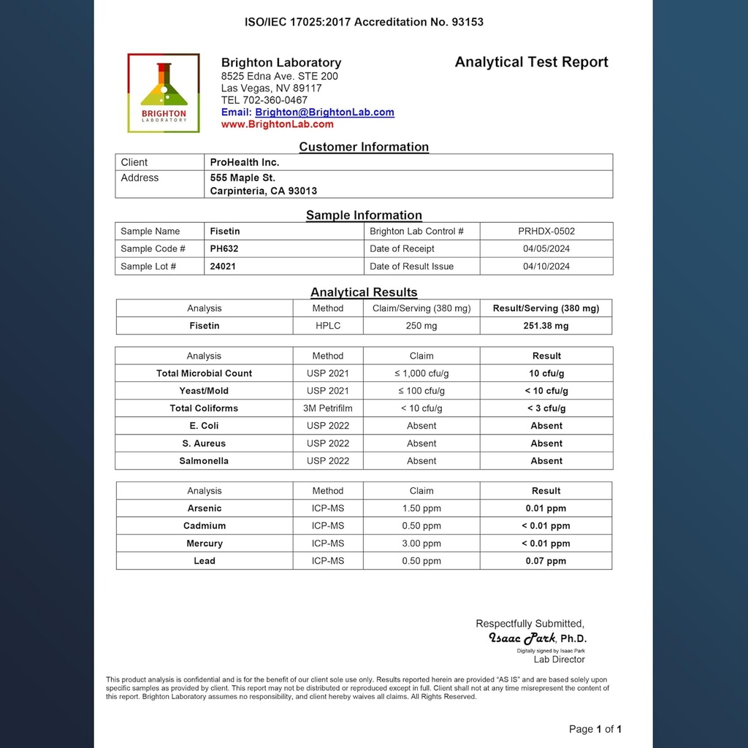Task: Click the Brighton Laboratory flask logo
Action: (x=164, y=93)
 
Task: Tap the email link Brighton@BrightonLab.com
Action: (x=324, y=112)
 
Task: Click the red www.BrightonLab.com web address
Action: (x=277, y=124)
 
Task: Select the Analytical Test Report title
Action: (x=531, y=62)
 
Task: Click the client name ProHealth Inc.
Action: (x=245, y=162)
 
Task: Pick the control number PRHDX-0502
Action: (x=546, y=232)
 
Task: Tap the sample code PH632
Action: (x=224, y=249)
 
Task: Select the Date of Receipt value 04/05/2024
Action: (x=546, y=249)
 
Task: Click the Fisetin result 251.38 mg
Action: (x=546, y=326)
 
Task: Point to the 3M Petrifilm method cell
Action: (x=328, y=408)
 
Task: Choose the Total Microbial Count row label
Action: (x=204, y=373)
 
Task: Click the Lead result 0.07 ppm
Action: (x=546, y=561)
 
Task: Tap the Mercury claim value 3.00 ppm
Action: (x=421, y=543)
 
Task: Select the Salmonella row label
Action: (x=204, y=461)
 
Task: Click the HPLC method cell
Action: (x=328, y=326)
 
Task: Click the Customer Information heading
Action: (x=364, y=147)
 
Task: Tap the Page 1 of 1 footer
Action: (x=595, y=729)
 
